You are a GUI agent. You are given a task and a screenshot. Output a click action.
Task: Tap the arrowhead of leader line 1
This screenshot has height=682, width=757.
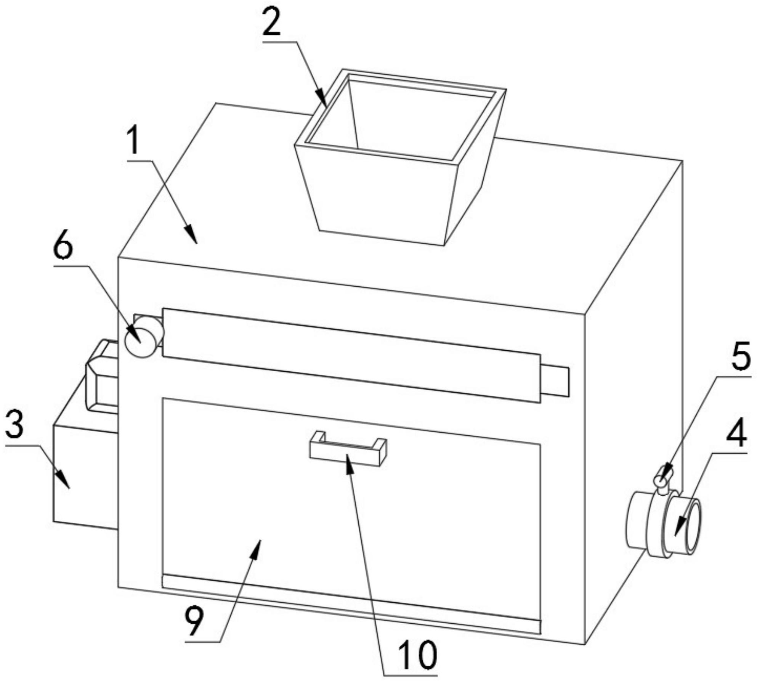[x=192, y=234]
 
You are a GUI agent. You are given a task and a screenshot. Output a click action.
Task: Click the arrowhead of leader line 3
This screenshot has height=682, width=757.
[x=64, y=480]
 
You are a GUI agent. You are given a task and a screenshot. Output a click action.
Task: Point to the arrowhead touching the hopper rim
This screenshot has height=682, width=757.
[x=321, y=98]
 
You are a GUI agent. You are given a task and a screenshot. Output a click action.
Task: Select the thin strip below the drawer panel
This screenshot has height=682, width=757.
[x=351, y=605]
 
